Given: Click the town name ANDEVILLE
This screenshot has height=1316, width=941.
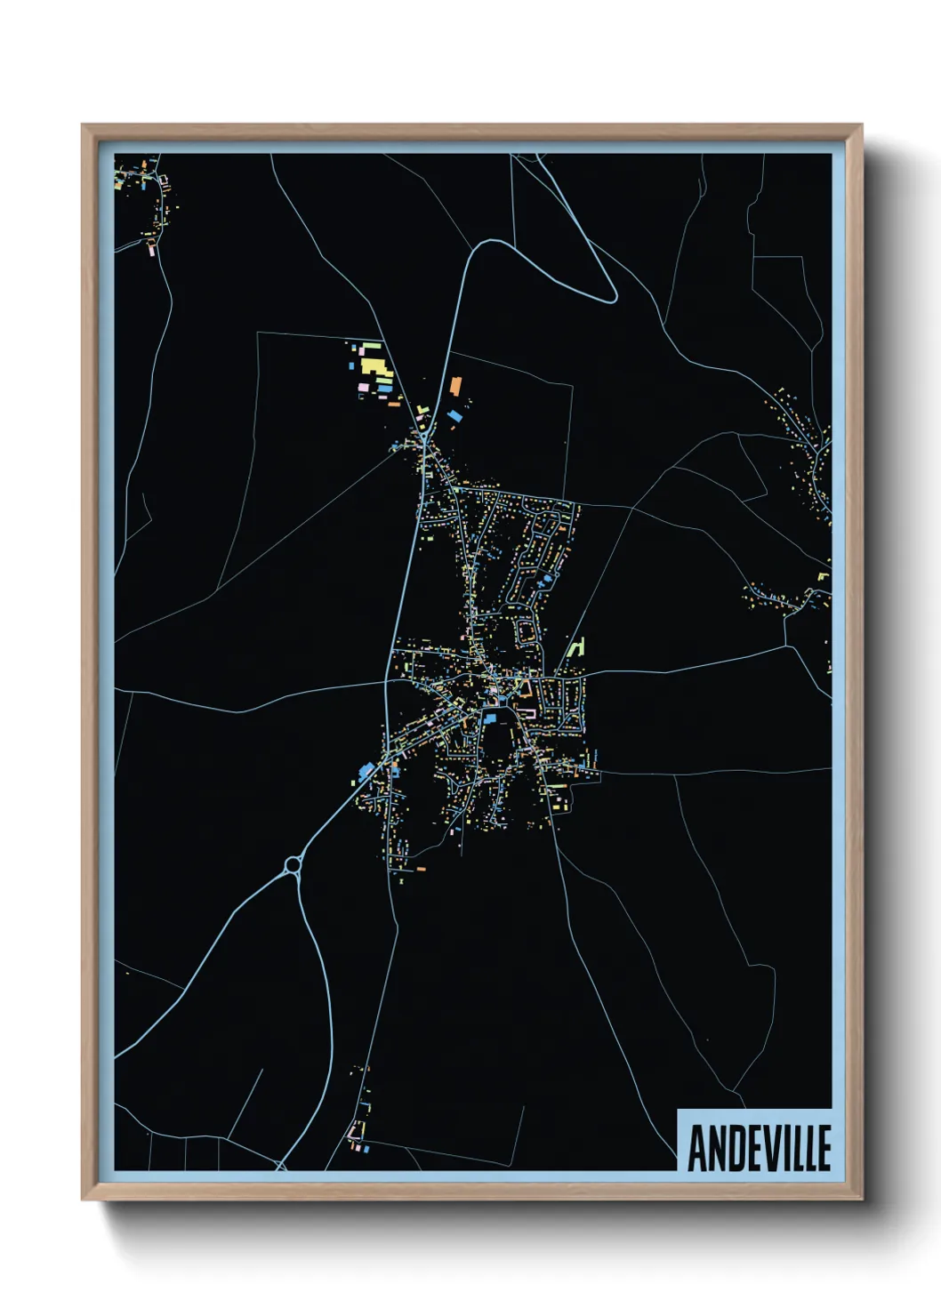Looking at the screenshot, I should click(759, 1148).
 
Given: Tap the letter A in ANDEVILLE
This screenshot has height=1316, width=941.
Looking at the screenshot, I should click(697, 1148).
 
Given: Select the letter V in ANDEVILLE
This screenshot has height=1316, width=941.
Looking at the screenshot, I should click(771, 1148).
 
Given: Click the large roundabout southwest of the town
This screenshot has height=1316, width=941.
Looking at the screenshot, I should click(293, 864).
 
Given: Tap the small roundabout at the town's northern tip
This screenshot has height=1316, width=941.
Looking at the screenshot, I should click(425, 438).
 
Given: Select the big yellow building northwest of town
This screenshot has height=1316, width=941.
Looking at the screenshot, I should click(374, 365).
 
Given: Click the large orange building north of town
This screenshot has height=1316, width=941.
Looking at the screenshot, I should click(456, 386).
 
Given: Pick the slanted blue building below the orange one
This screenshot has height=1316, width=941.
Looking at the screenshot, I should click(454, 415).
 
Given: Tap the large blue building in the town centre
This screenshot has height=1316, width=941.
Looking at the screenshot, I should click(488, 718).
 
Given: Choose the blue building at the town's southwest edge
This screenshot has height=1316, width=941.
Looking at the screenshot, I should click(366, 770).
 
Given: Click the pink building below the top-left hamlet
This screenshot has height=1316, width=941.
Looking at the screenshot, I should click(151, 251).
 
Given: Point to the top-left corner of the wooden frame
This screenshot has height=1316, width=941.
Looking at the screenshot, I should click(83, 125).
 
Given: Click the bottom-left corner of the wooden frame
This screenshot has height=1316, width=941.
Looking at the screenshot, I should click(83, 1199).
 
